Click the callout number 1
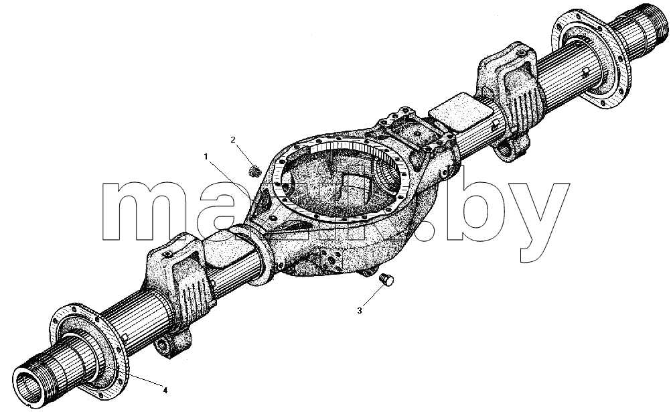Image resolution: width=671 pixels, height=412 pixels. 206,157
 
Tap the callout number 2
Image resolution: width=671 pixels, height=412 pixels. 233,139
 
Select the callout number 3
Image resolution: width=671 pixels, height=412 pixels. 360,311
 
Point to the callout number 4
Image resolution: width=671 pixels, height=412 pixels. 165,390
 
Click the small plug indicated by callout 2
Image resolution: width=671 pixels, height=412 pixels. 255,171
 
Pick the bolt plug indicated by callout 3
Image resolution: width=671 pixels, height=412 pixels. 387,280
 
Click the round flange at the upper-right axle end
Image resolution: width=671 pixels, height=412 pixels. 591,58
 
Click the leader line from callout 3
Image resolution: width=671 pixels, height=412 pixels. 372,295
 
